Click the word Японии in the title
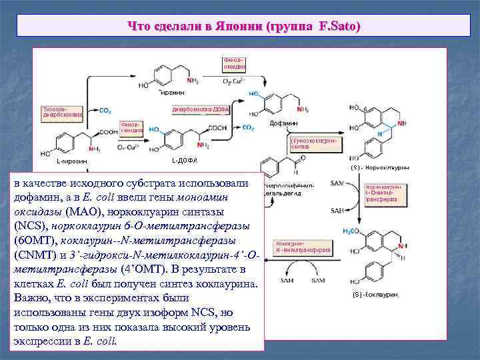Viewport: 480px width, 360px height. [235, 27]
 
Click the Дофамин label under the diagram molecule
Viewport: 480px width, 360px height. [284, 124]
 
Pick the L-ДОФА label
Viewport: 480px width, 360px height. [185, 161]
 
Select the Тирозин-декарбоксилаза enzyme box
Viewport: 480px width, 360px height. [63, 111]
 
